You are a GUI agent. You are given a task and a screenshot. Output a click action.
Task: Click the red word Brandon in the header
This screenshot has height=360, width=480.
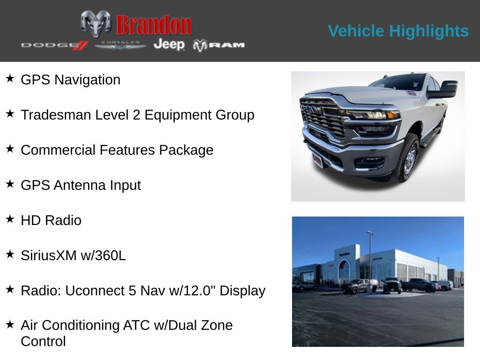coord(154,25)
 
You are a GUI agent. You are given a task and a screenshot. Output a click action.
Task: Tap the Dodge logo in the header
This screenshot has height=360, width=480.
coord(54,45)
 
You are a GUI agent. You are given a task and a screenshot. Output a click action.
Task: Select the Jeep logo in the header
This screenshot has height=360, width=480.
coord(169,45)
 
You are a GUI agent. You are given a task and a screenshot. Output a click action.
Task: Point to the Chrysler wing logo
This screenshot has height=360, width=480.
coord(120,45)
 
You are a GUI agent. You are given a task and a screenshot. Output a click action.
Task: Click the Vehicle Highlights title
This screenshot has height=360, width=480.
coord(398,31)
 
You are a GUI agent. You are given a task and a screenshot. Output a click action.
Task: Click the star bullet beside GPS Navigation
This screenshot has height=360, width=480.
coord(10,78)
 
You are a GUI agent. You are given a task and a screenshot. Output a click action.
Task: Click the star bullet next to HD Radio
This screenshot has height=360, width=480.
coord(10,219)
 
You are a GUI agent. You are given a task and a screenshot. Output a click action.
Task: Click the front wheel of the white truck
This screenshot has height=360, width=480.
coord(408,158)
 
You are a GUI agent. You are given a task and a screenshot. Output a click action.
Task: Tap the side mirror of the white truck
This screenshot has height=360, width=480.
coord(445,90)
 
